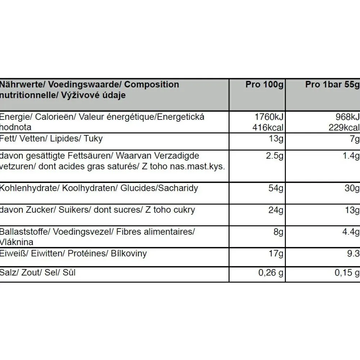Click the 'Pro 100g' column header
264,85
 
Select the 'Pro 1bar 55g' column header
332,85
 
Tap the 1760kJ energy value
269,117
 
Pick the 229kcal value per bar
343,127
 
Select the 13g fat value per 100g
276,139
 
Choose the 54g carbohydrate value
276,188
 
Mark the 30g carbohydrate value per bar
352,188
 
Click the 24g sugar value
276,210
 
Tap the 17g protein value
276,253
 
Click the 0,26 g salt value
271,273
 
